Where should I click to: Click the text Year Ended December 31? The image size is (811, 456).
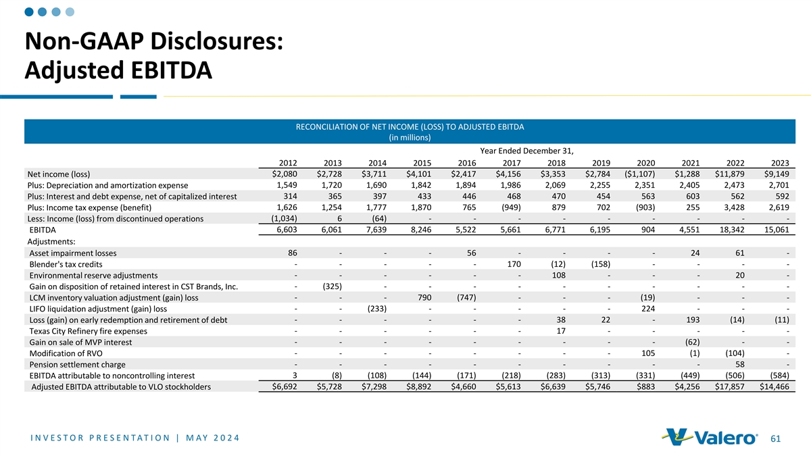526,151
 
